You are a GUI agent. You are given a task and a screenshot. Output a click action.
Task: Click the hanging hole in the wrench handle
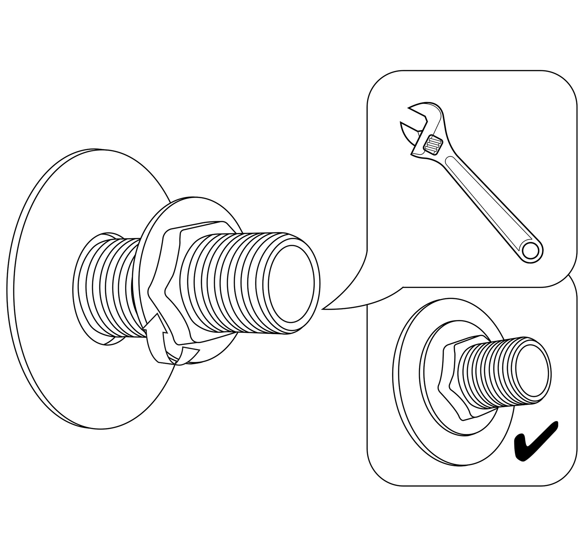(532, 251)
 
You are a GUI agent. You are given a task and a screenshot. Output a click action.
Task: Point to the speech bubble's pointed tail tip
(323, 309)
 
